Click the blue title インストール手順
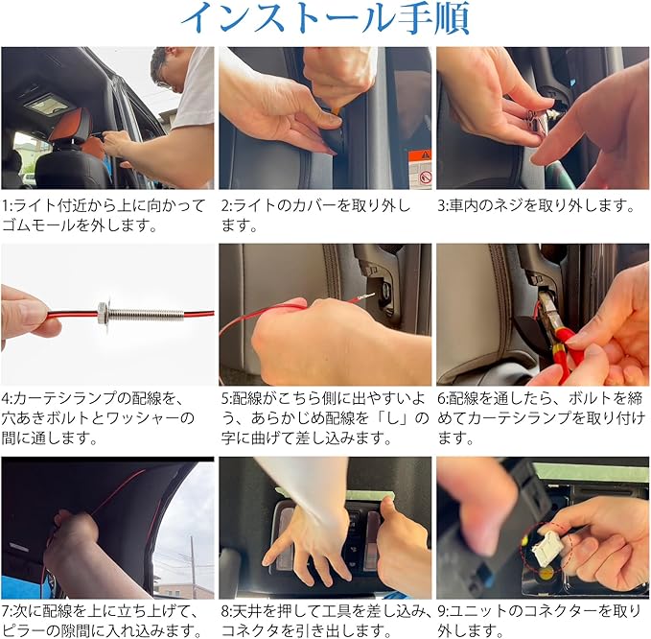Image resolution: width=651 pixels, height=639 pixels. click(x=325, y=18)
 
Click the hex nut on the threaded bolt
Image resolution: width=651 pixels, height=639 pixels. click(x=103, y=313)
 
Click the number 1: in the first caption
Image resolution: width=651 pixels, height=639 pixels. click(x=8, y=205)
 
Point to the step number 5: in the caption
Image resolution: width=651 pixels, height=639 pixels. click(x=226, y=398)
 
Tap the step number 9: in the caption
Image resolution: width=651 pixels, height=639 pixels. click(x=444, y=611)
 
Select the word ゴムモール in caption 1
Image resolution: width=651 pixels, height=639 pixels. click(x=39, y=225)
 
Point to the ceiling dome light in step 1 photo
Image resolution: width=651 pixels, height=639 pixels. click(x=46, y=105)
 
